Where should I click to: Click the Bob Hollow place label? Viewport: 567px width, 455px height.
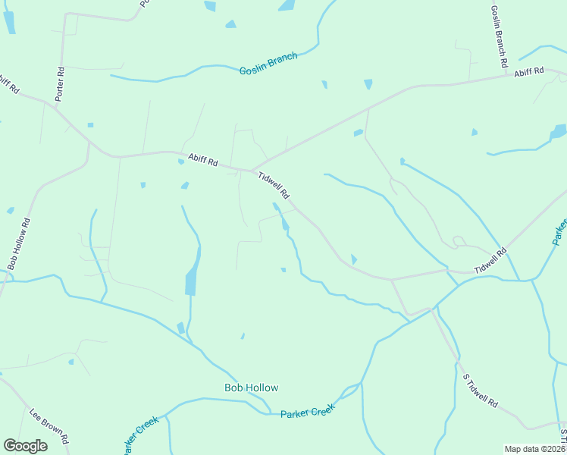click(251, 388)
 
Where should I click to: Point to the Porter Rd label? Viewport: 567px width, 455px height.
click(61, 84)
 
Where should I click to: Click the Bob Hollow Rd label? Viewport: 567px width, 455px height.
click(19, 244)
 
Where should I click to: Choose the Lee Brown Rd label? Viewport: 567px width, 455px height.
click(50, 428)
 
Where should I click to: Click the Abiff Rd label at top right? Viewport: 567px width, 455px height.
click(529, 72)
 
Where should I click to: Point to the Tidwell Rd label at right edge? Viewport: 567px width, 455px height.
click(490, 262)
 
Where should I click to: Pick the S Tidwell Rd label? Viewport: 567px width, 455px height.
click(481, 391)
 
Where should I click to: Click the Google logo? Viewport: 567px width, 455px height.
click(25, 446)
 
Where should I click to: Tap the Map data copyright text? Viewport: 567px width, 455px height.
click(534, 449)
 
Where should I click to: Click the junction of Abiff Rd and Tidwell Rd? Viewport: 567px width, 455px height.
click(251, 171)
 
